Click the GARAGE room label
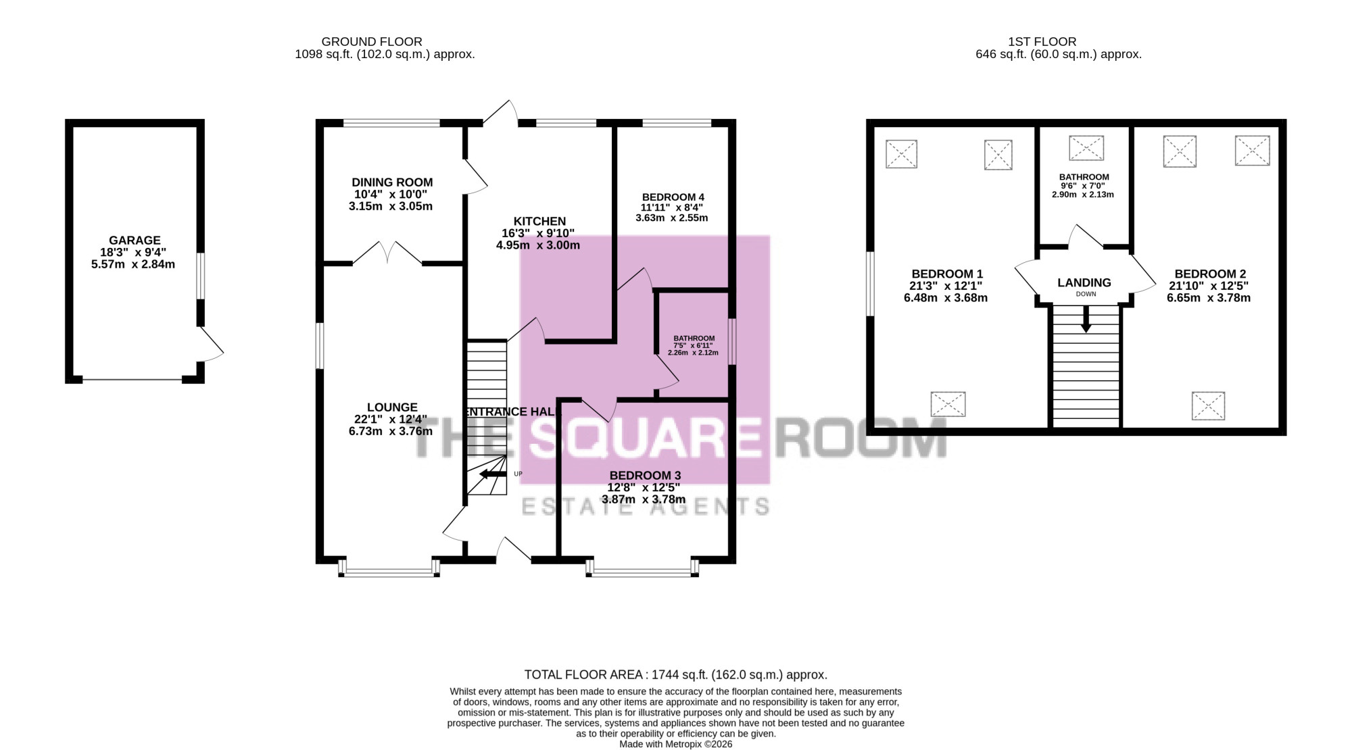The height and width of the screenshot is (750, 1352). point(135,240)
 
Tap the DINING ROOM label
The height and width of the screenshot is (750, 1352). point(392,182)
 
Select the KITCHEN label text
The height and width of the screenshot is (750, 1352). point(539,222)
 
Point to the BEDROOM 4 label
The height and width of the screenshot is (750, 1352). point(673,197)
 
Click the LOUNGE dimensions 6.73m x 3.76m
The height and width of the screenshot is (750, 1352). point(391,431)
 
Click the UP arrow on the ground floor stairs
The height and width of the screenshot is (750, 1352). point(493,474)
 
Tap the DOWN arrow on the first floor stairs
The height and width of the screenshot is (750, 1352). point(1086,319)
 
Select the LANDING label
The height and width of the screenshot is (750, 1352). point(1084,283)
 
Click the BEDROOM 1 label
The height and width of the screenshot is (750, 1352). point(947,274)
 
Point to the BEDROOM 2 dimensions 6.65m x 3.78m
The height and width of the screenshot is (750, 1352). point(1209,298)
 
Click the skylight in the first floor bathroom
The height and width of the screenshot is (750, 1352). point(1086,148)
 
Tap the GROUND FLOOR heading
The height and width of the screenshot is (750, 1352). point(372,42)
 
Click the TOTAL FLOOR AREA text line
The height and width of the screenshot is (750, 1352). point(676,674)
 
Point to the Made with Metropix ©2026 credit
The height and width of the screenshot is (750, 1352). point(676,744)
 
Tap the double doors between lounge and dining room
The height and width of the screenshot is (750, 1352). point(388,253)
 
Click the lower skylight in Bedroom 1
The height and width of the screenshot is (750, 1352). point(948,404)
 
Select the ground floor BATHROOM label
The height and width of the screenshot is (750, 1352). point(694,339)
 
